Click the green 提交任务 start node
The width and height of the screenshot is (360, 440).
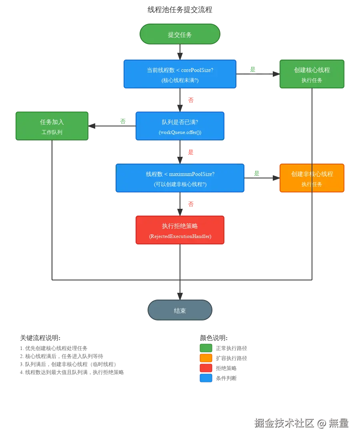click(180, 34)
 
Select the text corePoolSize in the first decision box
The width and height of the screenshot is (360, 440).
click(194, 70)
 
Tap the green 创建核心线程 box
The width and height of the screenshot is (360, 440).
click(312, 74)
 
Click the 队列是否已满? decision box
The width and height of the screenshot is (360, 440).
click(180, 126)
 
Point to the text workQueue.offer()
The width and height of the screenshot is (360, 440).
click(180, 132)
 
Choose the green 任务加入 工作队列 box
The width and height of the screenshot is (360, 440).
click(52, 126)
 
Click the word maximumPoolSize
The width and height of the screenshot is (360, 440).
click(192, 174)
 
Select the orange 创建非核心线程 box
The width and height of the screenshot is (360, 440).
click(312, 178)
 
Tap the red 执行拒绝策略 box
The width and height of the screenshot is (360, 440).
click(180, 230)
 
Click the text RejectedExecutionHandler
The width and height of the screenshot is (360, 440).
click(180, 236)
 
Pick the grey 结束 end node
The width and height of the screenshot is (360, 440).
click(180, 310)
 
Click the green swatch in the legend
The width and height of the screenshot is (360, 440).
click(206, 348)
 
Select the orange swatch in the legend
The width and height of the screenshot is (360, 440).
click(206, 358)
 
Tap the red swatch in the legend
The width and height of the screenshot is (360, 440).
click(206, 368)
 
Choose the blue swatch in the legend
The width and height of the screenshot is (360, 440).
click(206, 377)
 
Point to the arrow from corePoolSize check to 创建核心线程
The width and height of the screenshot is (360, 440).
click(258, 74)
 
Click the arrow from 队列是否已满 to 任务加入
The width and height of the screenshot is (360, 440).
click(112, 126)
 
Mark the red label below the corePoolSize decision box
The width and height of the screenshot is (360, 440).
click(191, 100)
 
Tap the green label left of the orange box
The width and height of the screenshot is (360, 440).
click(256, 173)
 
